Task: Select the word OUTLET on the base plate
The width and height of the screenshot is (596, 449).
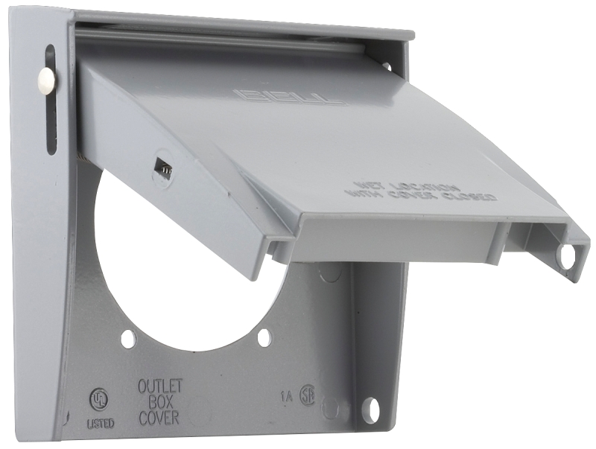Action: (x=160, y=386)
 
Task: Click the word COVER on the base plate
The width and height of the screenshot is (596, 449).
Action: (x=159, y=417)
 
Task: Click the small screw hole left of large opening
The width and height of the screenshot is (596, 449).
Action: (x=129, y=339)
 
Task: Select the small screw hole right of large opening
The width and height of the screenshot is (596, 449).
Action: (x=264, y=337)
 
